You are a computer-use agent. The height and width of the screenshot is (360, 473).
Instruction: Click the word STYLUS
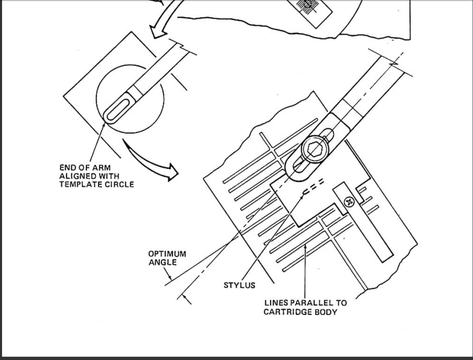pyautogui.click(x=240, y=285)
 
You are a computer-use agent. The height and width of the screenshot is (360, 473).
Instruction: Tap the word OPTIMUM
pyautogui.click(x=167, y=254)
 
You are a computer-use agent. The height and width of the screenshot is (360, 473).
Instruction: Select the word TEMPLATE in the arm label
pyautogui.click(x=77, y=185)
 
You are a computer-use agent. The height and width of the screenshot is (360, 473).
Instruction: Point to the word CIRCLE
pyautogui.click(x=116, y=185)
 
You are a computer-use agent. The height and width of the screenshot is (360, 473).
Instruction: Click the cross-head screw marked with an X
pyautogui.click(x=349, y=202)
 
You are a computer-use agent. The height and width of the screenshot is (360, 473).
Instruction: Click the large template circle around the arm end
pyautogui.click(x=97, y=99)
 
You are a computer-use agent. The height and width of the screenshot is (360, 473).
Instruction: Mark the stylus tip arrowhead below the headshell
pyautogui.click(x=302, y=197)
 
